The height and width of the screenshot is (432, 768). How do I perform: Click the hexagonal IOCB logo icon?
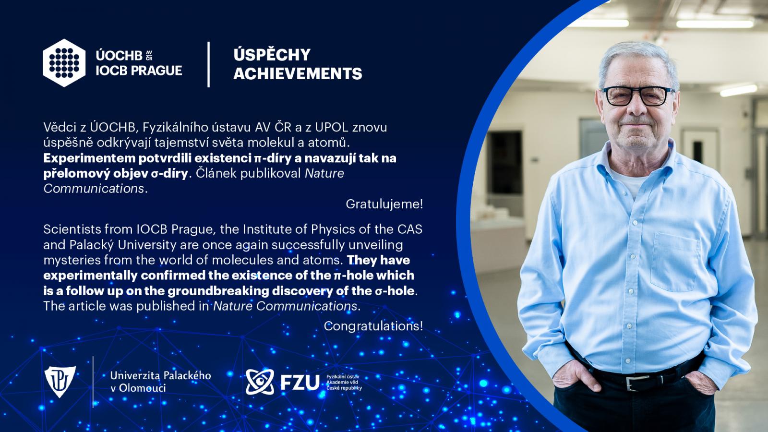tap(64, 63)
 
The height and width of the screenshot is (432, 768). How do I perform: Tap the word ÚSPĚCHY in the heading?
tap(272, 55)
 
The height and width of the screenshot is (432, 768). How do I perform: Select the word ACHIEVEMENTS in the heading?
tap(298, 73)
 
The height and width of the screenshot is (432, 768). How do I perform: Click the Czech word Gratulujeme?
tap(384, 204)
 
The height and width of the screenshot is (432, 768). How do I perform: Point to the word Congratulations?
tap(373, 326)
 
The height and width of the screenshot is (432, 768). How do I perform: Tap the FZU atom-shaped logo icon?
tap(260, 382)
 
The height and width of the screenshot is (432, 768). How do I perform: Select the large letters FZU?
tap(300, 382)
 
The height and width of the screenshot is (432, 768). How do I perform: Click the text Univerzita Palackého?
tap(160, 375)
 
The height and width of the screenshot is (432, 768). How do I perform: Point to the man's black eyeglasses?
tap(638, 96)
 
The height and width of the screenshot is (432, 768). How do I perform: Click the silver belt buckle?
tap(638, 383)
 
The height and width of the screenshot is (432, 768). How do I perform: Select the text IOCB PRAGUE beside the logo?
tap(139, 70)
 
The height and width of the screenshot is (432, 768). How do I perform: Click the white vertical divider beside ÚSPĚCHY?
tap(208, 64)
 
